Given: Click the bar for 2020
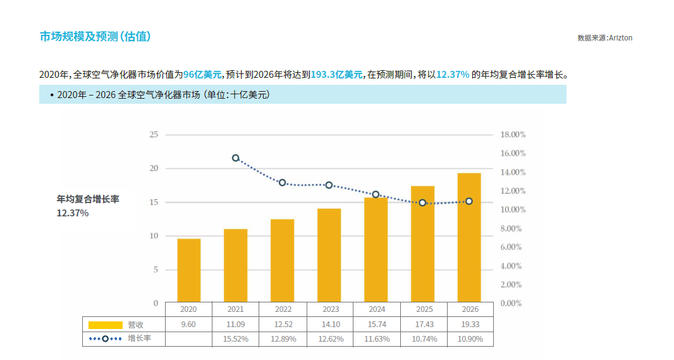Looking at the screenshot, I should click(188, 270).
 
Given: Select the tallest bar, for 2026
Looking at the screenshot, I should click(469, 237).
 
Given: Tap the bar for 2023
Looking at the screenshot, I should click(329, 255).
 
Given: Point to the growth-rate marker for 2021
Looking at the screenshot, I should click(236, 158).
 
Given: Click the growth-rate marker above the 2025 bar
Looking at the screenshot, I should click(422, 203).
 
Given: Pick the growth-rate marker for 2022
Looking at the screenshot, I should click(283, 183).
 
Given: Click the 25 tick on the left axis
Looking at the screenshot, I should click(154, 135).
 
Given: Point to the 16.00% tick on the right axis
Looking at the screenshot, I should click(513, 154).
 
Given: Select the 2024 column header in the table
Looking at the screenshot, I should click(377, 309).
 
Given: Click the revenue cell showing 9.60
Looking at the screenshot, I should click(188, 325).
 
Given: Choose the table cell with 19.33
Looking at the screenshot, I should click(469, 325).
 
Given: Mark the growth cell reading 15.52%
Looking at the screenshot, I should click(236, 339).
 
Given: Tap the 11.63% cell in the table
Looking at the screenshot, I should click(377, 339).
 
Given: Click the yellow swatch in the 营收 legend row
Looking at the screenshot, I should click(105, 325).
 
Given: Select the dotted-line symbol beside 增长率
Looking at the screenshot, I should click(105, 339).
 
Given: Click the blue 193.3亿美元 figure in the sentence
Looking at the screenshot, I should click(337, 75).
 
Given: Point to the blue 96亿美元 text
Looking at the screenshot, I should click(203, 75).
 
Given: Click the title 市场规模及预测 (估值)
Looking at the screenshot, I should click(95, 37).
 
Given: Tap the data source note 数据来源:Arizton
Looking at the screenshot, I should click(604, 38).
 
